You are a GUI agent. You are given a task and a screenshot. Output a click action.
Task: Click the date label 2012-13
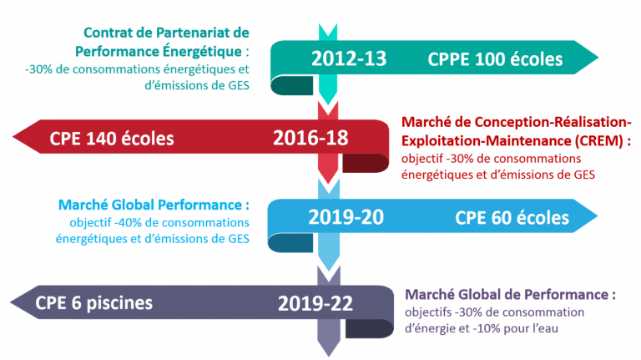pyautogui.click(x=349, y=58)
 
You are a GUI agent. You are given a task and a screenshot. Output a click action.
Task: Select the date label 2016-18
pyautogui.click(x=310, y=138)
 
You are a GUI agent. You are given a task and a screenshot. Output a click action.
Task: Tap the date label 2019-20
pyautogui.click(x=346, y=217)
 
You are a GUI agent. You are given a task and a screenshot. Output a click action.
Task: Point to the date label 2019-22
pyautogui.click(x=315, y=303)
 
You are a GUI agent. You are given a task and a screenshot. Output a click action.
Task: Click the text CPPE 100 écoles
pyautogui.click(x=495, y=59)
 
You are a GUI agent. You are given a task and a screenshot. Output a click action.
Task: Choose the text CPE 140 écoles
pyautogui.click(x=112, y=139)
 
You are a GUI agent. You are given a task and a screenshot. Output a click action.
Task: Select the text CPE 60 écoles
pyautogui.click(x=512, y=218)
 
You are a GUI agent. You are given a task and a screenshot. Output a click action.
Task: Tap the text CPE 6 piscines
pyautogui.click(x=93, y=303)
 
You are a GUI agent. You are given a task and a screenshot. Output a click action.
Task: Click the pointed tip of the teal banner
pyautogui.click(x=598, y=58)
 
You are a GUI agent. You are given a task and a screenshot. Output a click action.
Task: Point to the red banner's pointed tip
pyautogui.click(x=13, y=137)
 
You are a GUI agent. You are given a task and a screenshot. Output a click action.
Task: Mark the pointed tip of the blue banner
pyautogui.click(x=597, y=215)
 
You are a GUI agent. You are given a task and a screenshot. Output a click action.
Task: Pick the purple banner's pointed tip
pyautogui.click(x=11, y=302)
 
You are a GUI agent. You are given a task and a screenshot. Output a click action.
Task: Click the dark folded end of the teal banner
pyautogui.click(x=292, y=86)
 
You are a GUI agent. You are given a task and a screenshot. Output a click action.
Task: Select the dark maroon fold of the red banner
pyautogui.click(x=365, y=163)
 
